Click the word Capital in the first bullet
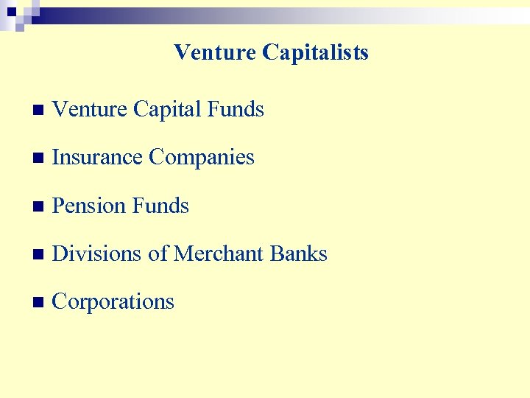pyautogui.click(x=168, y=110)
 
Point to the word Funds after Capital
pyautogui.click(x=236, y=110)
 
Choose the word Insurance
pyautogui.click(x=98, y=158)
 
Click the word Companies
pyautogui.click(x=202, y=158)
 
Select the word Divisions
pyautogui.click(x=97, y=254)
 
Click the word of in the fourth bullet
pyautogui.click(x=158, y=254)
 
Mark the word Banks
pyautogui.click(x=298, y=254)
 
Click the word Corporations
pyautogui.click(x=113, y=302)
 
